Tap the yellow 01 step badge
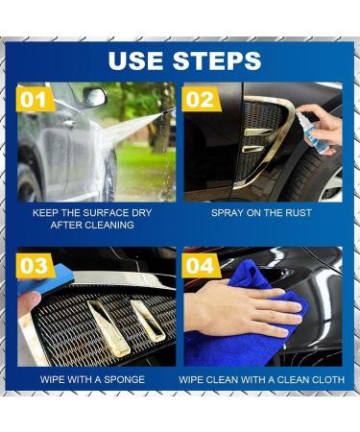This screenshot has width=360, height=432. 35,97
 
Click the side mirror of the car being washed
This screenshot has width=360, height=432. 94,97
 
